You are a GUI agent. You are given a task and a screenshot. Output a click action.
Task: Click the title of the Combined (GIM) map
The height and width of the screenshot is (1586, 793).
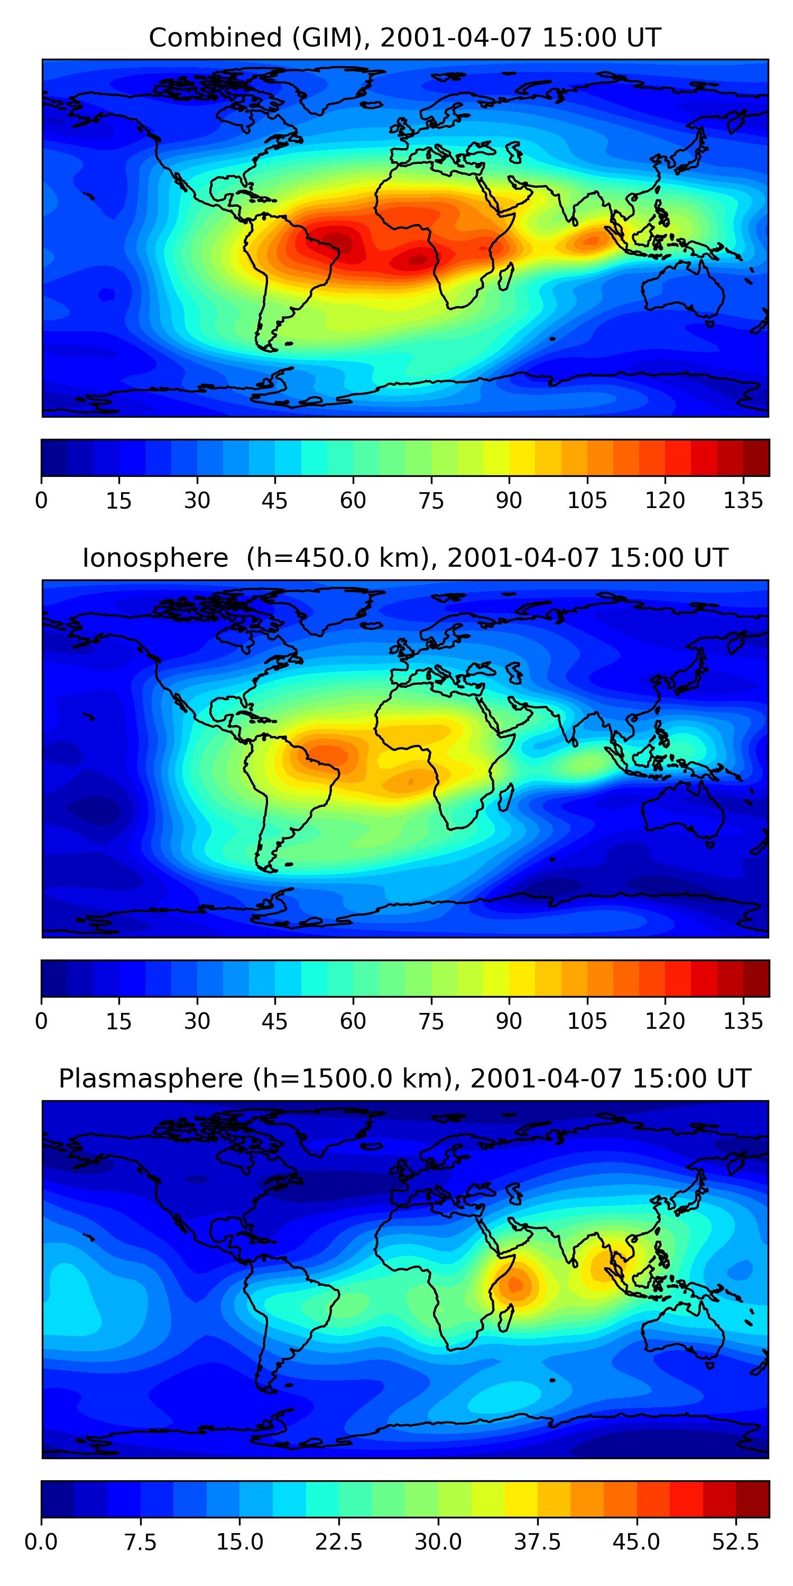click(404, 38)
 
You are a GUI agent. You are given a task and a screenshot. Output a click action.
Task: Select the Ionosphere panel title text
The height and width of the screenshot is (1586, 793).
click(404, 558)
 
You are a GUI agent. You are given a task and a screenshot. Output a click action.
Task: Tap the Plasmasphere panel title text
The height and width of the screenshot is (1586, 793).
click(404, 1078)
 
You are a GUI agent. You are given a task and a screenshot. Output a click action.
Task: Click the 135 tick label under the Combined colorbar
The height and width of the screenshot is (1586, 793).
click(743, 501)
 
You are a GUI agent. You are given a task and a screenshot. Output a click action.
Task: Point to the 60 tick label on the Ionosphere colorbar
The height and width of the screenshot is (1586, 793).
click(353, 1021)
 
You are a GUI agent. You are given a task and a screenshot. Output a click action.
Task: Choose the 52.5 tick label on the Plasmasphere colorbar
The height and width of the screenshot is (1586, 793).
click(735, 1542)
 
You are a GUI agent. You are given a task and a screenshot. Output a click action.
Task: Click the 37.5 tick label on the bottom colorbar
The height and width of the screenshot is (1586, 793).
click(537, 1542)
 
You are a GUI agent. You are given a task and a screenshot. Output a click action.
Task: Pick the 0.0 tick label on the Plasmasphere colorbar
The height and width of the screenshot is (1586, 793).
click(41, 1542)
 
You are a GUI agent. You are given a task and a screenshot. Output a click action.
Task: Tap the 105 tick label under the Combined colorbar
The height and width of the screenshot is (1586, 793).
click(587, 501)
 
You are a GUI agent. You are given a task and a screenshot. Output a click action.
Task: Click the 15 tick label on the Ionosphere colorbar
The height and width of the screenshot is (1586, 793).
click(119, 1021)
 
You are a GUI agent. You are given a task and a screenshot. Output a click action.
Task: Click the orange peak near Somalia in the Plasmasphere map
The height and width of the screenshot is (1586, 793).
click(516, 1284)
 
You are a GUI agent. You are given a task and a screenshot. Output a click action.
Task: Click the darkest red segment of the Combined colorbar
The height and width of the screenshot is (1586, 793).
click(756, 457)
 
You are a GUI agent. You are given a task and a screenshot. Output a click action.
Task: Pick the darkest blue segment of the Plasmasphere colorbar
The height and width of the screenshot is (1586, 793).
click(57, 1499)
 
